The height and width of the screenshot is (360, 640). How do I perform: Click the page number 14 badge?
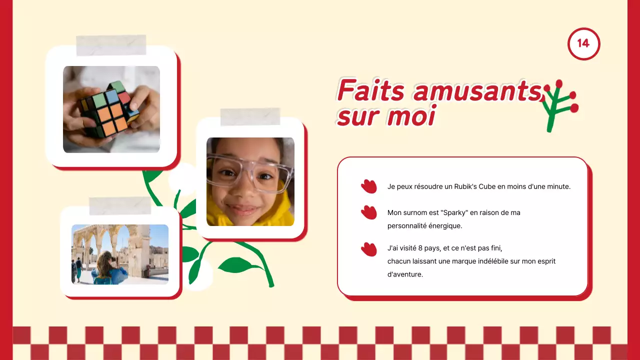click(x=583, y=43)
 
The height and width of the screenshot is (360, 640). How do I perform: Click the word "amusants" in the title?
click(x=477, y=91)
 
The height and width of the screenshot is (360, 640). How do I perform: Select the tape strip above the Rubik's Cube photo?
click(x=111, y=45)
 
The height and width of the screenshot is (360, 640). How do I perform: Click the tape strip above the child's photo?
click(x=250, y=116)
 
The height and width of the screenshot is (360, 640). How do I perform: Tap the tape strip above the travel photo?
click(x=120, y=205)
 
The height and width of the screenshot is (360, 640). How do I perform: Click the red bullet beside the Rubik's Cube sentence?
click(x=368, y=186)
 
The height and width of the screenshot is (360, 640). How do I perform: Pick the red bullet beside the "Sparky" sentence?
click(x=368, y=212)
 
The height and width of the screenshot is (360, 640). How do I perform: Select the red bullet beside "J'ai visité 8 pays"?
click(x=368, y=249)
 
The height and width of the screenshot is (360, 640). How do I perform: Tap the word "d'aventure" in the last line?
click(x=405, y=274)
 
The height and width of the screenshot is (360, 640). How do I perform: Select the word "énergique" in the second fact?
click(x=445, y=225)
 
